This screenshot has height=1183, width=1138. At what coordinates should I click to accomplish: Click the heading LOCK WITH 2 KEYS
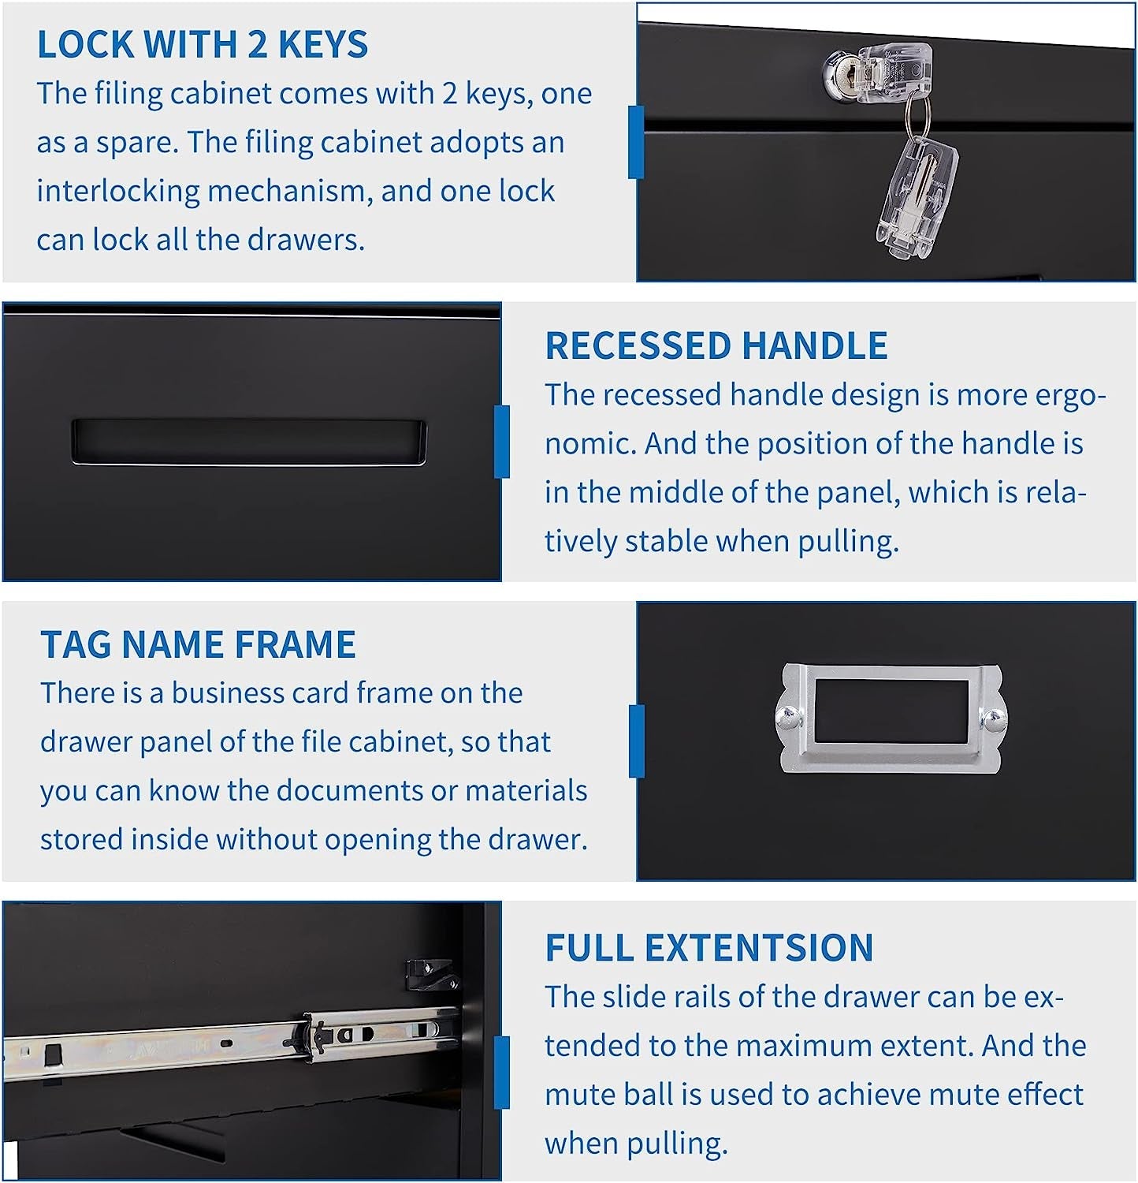(202, 44)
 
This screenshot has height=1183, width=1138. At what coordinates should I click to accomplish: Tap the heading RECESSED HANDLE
(716, 346)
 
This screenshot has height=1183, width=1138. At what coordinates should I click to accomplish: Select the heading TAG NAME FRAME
(198, 644)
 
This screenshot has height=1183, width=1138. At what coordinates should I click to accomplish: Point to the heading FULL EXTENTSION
(708, 948)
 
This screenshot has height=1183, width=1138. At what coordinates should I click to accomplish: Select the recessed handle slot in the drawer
(248, 442)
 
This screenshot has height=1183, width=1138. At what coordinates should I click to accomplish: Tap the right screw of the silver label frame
(992, 718)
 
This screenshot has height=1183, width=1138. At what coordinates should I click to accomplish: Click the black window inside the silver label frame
(891, 711)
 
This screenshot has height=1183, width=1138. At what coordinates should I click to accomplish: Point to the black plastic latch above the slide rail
(430, 975)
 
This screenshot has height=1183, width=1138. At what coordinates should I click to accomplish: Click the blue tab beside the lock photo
(636, 142)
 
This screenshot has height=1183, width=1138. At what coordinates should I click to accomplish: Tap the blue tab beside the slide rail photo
(501, 1072)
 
